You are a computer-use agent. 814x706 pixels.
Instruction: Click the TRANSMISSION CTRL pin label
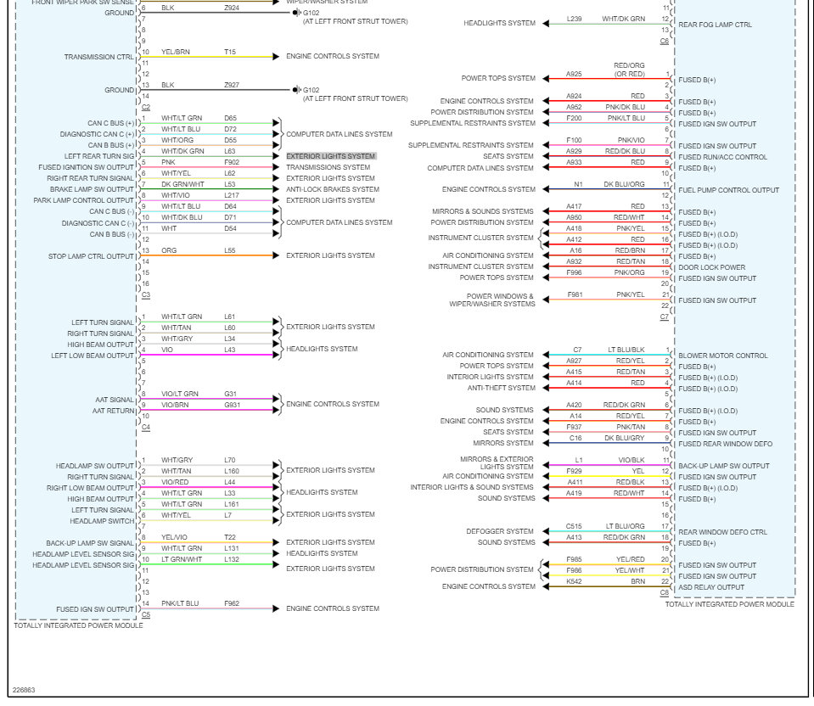click(x=98, y=57)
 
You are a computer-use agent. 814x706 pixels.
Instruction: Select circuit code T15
click(x=230, y=52)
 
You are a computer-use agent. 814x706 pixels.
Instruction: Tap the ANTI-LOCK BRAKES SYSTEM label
click(x=333, y=189)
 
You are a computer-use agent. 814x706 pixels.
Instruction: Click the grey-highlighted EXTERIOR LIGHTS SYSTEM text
click(x=331, y=156)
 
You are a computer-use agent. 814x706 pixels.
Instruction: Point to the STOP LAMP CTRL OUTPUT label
click(x=91, y=255)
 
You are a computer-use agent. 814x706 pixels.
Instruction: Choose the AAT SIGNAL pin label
click(x=114, y=400)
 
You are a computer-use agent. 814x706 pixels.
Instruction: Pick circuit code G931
click(x=232, y=405)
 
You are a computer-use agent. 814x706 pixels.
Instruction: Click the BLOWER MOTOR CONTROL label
click(x=723, y=356)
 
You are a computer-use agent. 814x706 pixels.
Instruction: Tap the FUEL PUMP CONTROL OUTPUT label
click(x=729, y=190)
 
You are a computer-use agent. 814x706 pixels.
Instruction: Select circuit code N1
click(x=578, y=184)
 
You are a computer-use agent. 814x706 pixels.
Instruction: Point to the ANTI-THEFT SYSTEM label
click(x=501, y=388)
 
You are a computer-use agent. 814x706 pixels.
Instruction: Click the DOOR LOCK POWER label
click(x=711, y=267)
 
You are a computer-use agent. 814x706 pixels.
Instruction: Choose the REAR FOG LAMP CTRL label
click(x=715, y=25)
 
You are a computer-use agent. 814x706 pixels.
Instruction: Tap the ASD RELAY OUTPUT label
click(x=711, y=587)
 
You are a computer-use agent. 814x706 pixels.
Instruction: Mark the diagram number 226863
click(x=24, y=690)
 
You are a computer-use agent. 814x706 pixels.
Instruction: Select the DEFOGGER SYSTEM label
click(x=500, y=531)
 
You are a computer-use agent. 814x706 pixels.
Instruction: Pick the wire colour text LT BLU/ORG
click(x=625, y=526)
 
